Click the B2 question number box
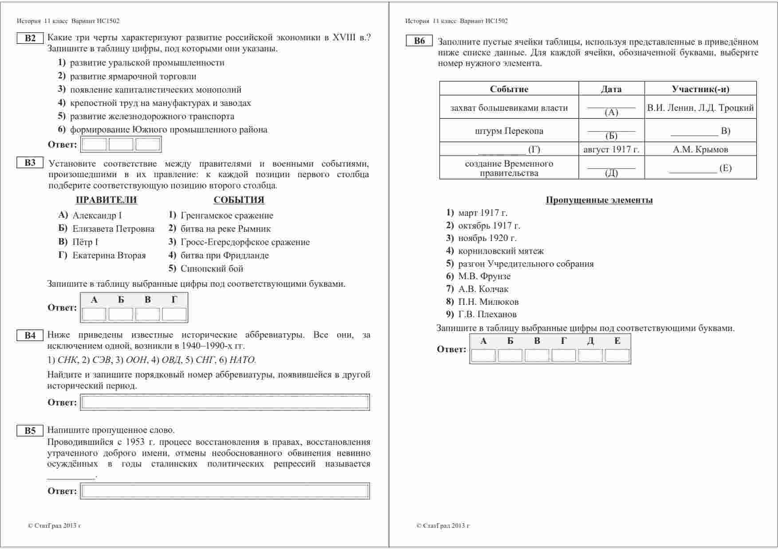[x=30, y=38]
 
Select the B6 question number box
[x=419, y=41]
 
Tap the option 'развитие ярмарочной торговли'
[x=133, y=76]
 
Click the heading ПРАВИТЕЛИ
[x=106, y=200]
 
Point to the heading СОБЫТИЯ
[x=239, y=200]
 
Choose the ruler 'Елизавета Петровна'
[x=113, y=229]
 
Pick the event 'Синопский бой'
[x=212, y=269]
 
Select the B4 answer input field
[x=225, y=402]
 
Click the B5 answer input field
[x=225, y=491]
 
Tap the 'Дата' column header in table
[x=611, y=89]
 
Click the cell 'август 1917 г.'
[x=611, y=149]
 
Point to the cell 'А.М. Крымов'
[x=700, y=149]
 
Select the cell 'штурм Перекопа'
[x=509, y=131]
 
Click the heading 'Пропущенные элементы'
[x=599, y=200]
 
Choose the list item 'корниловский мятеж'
[x=501, y=251]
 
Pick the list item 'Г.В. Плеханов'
[x=487, y=315]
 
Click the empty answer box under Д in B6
[x=590, y=355]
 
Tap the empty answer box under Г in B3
[x=174, y=314]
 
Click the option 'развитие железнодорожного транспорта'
[x=152, y=117]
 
